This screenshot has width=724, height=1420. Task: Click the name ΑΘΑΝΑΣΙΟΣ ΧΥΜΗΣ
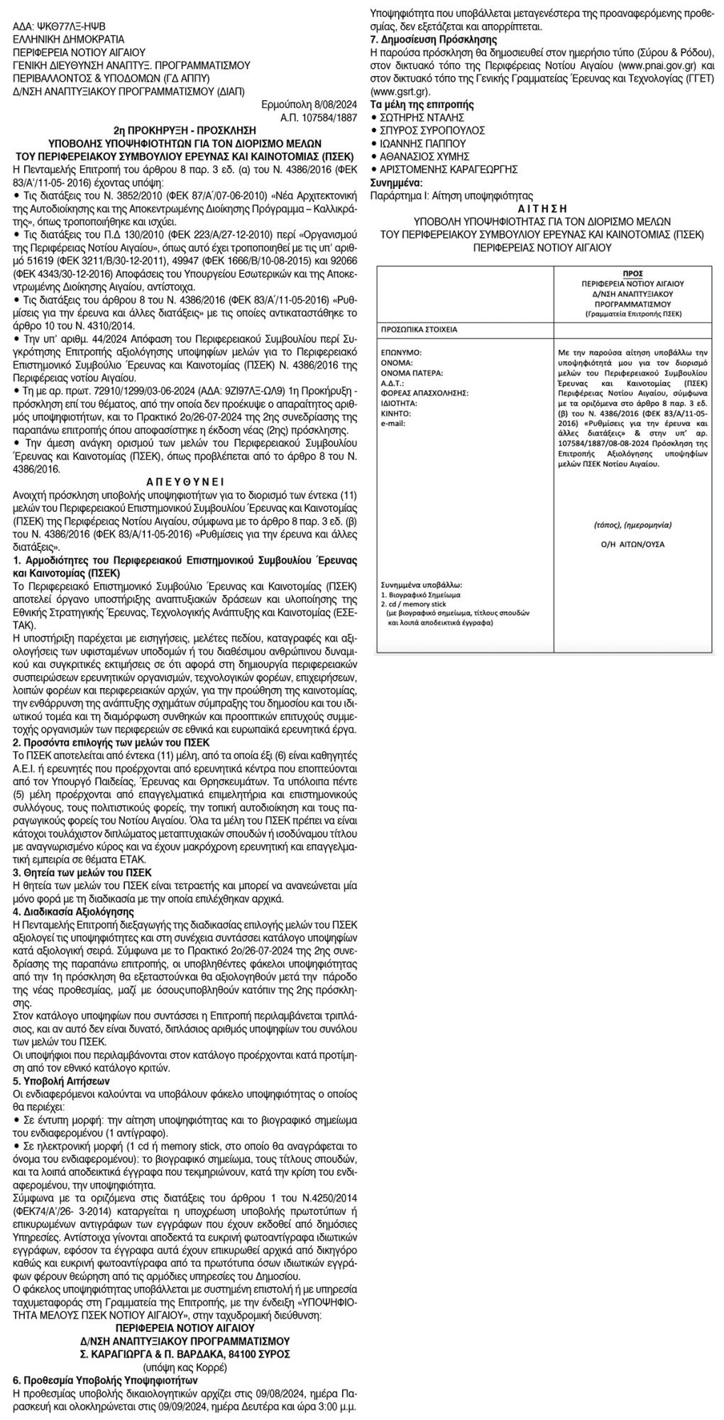click(424, 155)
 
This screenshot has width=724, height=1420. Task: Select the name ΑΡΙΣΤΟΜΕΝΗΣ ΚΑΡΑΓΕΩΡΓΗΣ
click(448, 169)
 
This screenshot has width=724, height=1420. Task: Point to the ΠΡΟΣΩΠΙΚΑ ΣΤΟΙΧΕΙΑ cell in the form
click(419, 330)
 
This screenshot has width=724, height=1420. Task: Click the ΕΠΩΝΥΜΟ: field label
click(402, 351)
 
